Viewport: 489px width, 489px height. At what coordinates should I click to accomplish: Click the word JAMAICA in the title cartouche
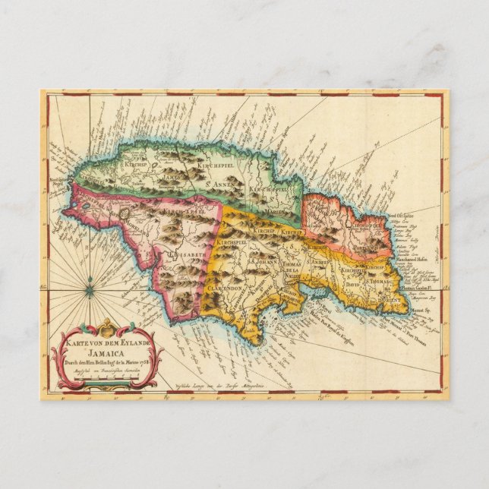[106, 353]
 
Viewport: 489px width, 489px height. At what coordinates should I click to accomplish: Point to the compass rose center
[90, 289]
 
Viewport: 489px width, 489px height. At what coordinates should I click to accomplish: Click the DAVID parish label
[352, 289]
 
